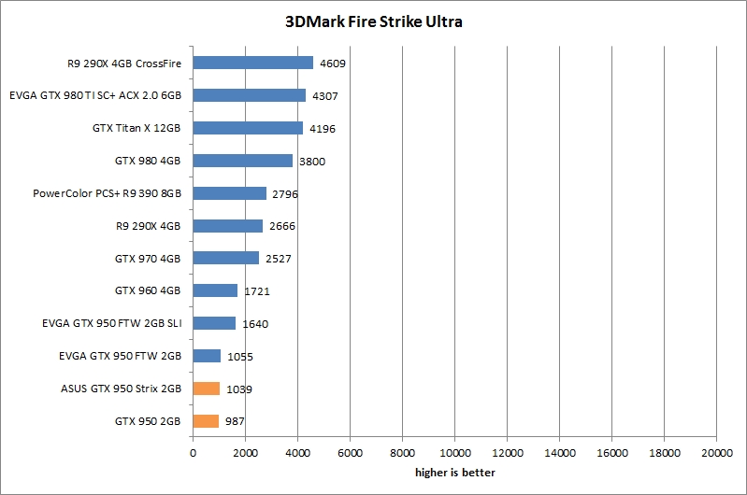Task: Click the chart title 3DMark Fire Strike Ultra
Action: coord(373,21)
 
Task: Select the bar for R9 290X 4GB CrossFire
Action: coord(252,63)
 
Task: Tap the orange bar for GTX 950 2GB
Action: coord(206,421)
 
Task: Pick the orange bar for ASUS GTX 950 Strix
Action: coord(207,389)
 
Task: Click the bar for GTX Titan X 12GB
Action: coord(248,128)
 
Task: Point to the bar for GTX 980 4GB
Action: coord(242,161)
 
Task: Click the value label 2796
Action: coord(287,194)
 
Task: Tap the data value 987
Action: coord(237,422)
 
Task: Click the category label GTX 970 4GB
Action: coord(148,258)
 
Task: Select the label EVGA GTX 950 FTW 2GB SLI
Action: coord(111,323)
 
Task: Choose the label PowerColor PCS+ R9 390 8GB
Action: coord(107,193)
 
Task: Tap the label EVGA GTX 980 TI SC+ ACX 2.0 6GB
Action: coord(94,95)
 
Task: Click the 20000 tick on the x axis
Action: coord(716,453)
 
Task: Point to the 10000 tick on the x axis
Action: coord(454,453)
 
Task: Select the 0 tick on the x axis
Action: coord(193,453)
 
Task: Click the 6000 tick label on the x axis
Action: coord(350,453)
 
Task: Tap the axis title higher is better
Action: coord(454,473)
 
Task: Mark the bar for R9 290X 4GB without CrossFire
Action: coord(227,226)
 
